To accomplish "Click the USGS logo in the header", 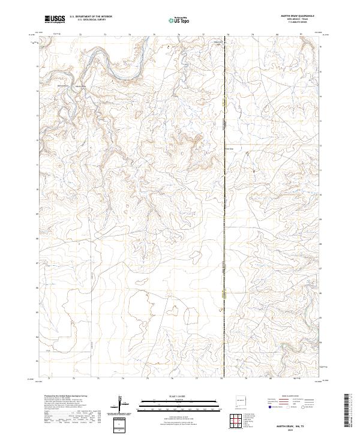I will pos(55,19).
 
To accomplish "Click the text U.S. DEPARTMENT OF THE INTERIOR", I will pos(91,17).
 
